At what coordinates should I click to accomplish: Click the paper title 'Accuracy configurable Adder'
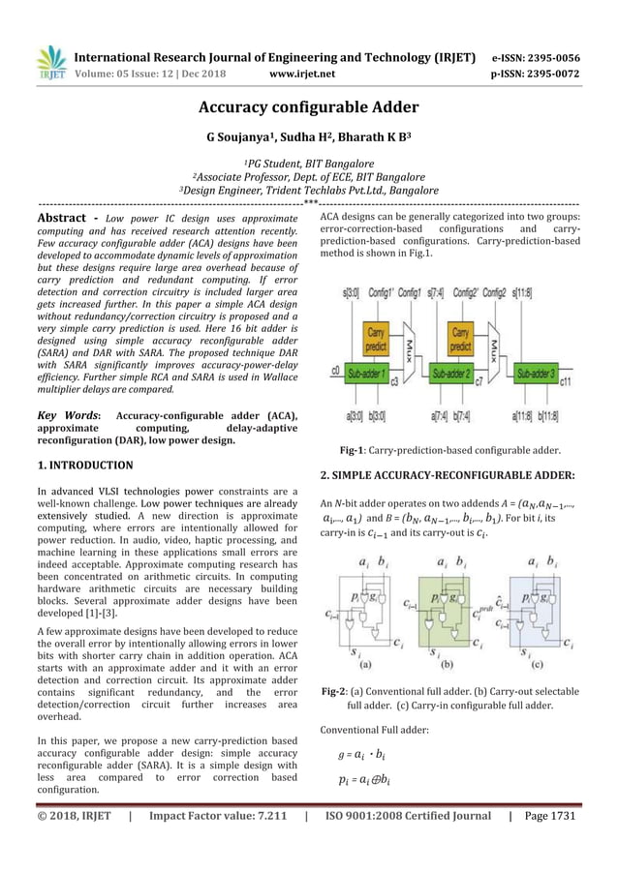click(308, 107)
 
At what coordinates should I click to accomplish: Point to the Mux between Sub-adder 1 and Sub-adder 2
click(412, 345)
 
